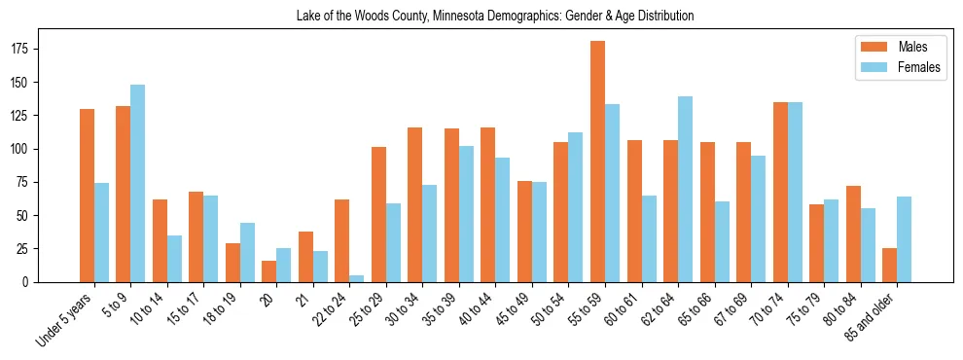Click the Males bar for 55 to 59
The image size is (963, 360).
597,162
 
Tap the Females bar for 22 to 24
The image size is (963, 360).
357,278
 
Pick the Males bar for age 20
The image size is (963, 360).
269,271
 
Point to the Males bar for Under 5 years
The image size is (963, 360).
87,196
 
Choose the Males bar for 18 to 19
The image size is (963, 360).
232,263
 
